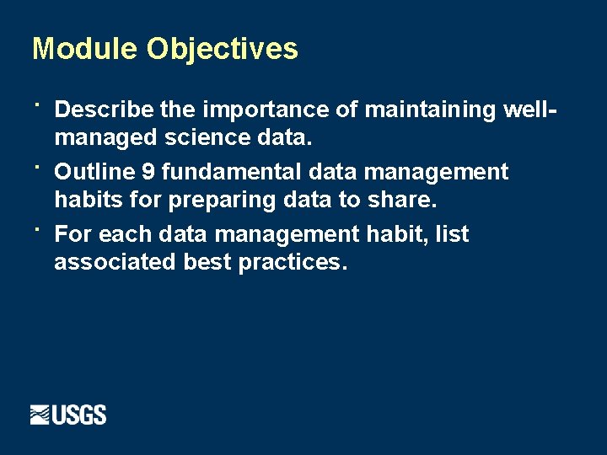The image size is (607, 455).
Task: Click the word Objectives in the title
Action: click(x=223, y=49)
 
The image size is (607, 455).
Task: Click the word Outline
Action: click(x=94, y=173)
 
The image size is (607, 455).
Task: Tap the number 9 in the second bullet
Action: click(x=148, y=173)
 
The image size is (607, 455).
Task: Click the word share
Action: click(x=403, y=201)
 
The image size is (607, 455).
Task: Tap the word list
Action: click(x=452, y=234)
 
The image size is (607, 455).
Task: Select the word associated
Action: click(x=115, y=262)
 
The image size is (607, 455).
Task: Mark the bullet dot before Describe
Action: click(x=38, y=104)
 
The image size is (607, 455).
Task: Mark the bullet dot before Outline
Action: click(x=38, y=166)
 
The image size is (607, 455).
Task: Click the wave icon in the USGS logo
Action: click(x=40, y=415)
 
